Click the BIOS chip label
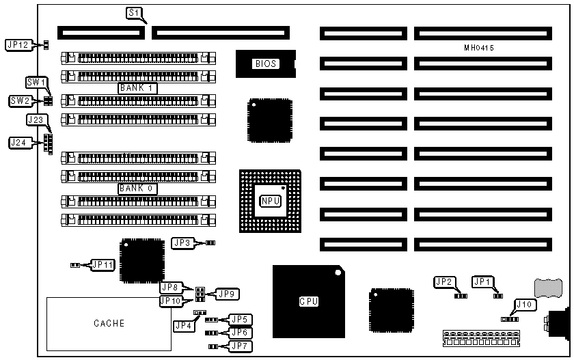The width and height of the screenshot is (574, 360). coord(266,64)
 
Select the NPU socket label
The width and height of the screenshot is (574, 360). coord(269,202)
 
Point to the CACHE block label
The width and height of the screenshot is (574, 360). coord(109,323)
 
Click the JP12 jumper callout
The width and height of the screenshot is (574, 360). coord(17,45)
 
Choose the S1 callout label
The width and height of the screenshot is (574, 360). coord(136,13)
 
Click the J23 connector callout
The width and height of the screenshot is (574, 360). coord(35,120)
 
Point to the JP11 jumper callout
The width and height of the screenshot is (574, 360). coord(102,264)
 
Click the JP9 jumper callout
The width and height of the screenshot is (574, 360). coord(226,294)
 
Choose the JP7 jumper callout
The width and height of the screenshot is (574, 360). coord(241,346)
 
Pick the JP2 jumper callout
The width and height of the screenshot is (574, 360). coord(444,281)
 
